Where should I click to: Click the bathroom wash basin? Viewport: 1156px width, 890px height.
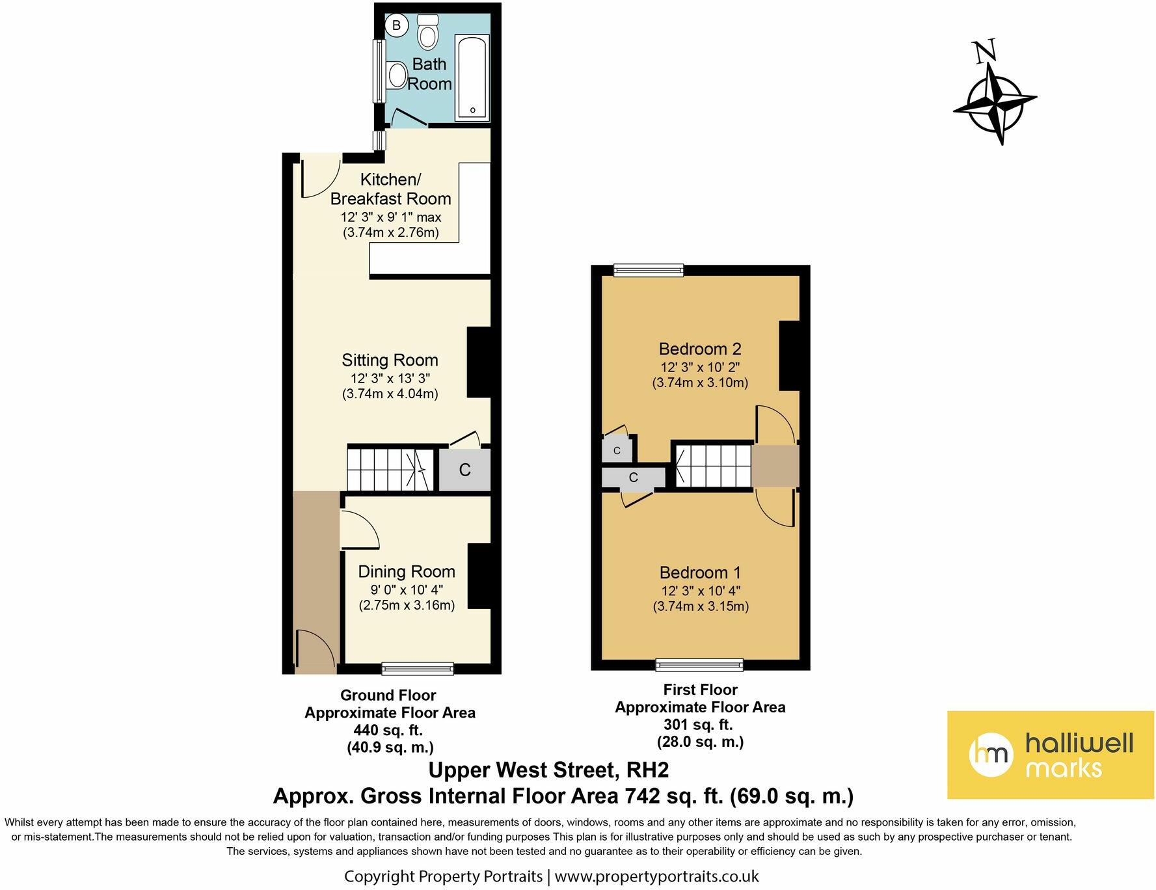pyautogui.click(x=396, y=75)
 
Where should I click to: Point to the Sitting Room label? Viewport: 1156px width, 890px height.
pyautogui.click(x=390, y=360)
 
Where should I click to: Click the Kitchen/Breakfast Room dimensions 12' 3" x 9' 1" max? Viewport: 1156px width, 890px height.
pyautogui.click(x=391, y=217)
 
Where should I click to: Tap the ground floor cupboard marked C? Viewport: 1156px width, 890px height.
pyautogui.click(x=464, y=470)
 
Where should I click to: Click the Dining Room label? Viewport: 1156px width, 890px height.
pyautogui.click(x=407, y=572)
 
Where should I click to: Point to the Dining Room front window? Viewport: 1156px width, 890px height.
pyautogui.click(x=418, y=668)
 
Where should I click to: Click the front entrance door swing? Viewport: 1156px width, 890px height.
pyautogui.click(x=316, y=648)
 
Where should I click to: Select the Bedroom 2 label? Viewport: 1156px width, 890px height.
pyautogui.click(x=700, y=349)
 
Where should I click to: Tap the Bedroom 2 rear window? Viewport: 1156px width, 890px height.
pyautogui.click(x=649, y=270)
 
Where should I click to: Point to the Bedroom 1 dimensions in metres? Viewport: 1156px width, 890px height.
pyautogui.click(x=701, y=606)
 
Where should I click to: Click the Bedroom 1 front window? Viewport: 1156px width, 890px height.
pyautogui.click(x=699, y=664)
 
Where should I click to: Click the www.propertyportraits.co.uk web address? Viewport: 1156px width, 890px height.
pyautogui.click(x=657, y=876)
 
